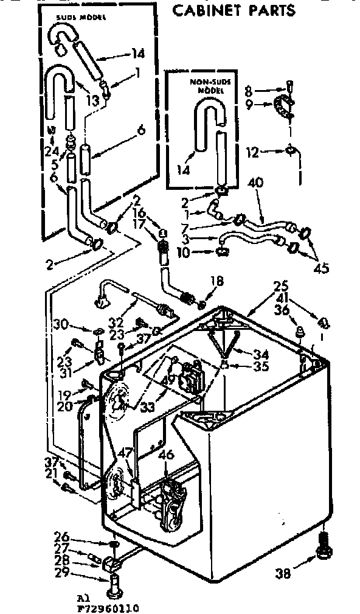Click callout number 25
click(x=280, y=285)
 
